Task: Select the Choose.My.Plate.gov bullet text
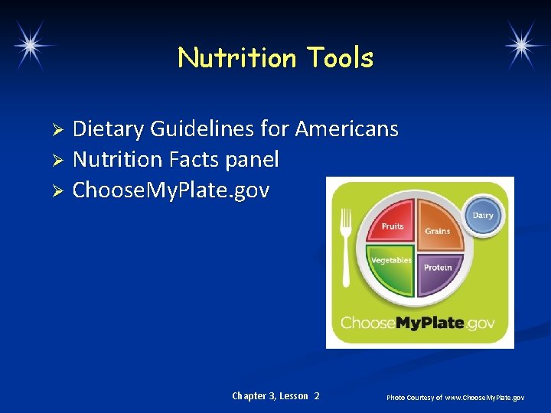(171, 190)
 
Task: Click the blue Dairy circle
(483, 216)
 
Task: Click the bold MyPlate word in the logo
(429, 323)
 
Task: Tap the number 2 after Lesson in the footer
(317, 395)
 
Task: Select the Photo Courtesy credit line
(455, 397)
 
